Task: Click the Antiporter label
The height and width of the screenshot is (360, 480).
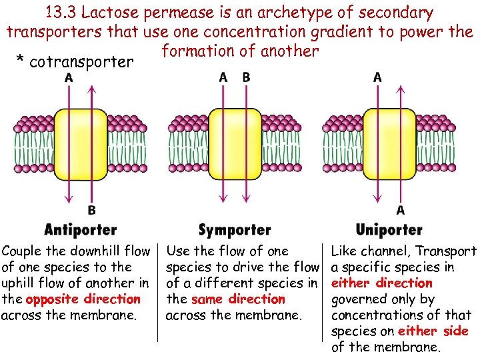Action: point(80,230)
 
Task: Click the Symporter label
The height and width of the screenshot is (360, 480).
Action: point(235,230)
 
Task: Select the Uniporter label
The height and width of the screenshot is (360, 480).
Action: point(389,230)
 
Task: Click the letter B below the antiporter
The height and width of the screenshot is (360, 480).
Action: point(91,210)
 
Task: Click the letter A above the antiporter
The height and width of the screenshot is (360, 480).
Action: point(69,78)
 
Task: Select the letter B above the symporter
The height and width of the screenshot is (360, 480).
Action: point(246,78)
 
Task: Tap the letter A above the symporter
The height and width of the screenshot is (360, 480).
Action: point(223,78)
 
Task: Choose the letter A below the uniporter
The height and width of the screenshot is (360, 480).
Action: point(400,210)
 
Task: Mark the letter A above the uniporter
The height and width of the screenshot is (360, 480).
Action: point(377,78)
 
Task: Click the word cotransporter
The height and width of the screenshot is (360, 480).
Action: point(81,62)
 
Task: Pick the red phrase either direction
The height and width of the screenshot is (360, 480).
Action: point(382,283)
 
